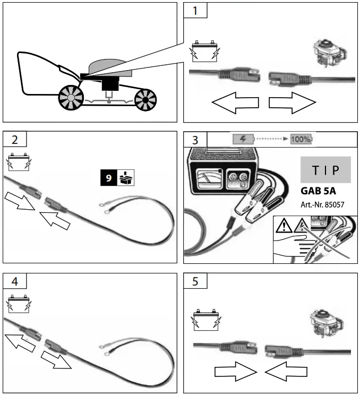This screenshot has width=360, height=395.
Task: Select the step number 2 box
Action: coord(14,140)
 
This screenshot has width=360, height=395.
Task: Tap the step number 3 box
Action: coord(195,140)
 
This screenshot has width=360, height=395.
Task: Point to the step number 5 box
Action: coord(195,281)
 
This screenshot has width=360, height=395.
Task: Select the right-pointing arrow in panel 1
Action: coord(292,102)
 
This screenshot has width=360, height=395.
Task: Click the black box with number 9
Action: coord(108,177)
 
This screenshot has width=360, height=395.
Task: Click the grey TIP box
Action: coord(325,170)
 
